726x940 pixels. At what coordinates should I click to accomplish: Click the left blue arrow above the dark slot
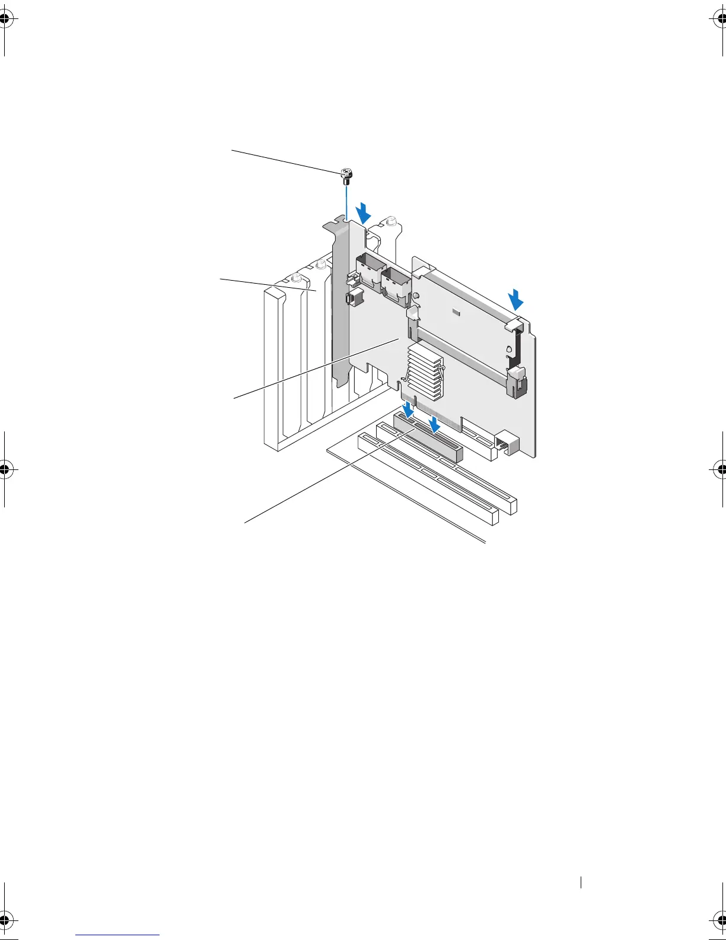[x=408, y=409]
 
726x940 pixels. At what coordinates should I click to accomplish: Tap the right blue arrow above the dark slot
[x=435, y=424]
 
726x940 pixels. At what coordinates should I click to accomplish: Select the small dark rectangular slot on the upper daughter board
[x=455, y=312]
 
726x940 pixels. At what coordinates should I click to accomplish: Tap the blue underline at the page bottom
[x=118, y=935]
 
